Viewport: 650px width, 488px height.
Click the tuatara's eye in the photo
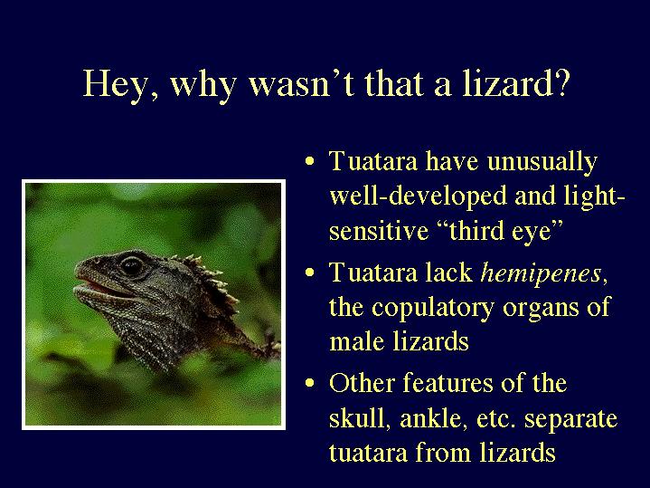click(131, 266)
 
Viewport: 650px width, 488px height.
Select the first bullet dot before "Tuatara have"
click(310, 161)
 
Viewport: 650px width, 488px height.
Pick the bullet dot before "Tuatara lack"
click(310, 273)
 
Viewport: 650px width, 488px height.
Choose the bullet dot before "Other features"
click(310, 383)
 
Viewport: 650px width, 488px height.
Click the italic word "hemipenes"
click(541, 274)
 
